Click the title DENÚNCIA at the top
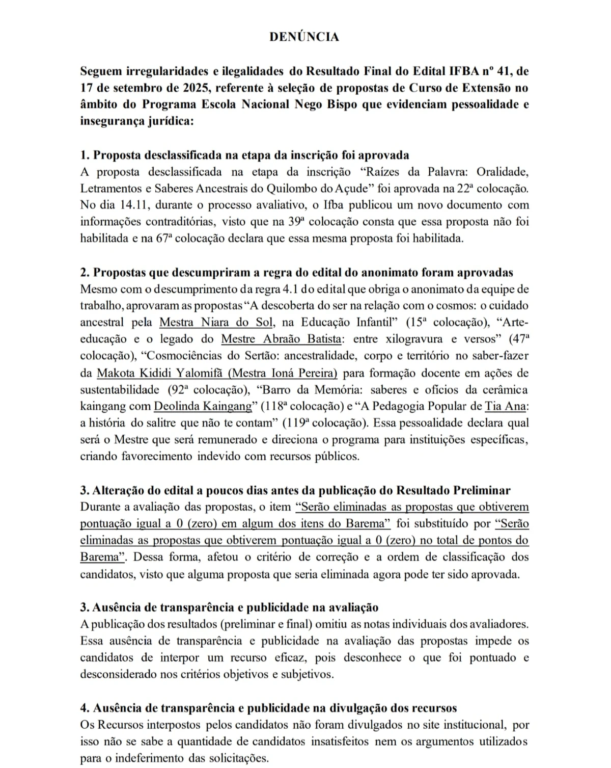click(x=304, y=37)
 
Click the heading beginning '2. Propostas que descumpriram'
click(x=296, y=272)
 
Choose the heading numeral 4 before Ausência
click(x=84, y=708)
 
